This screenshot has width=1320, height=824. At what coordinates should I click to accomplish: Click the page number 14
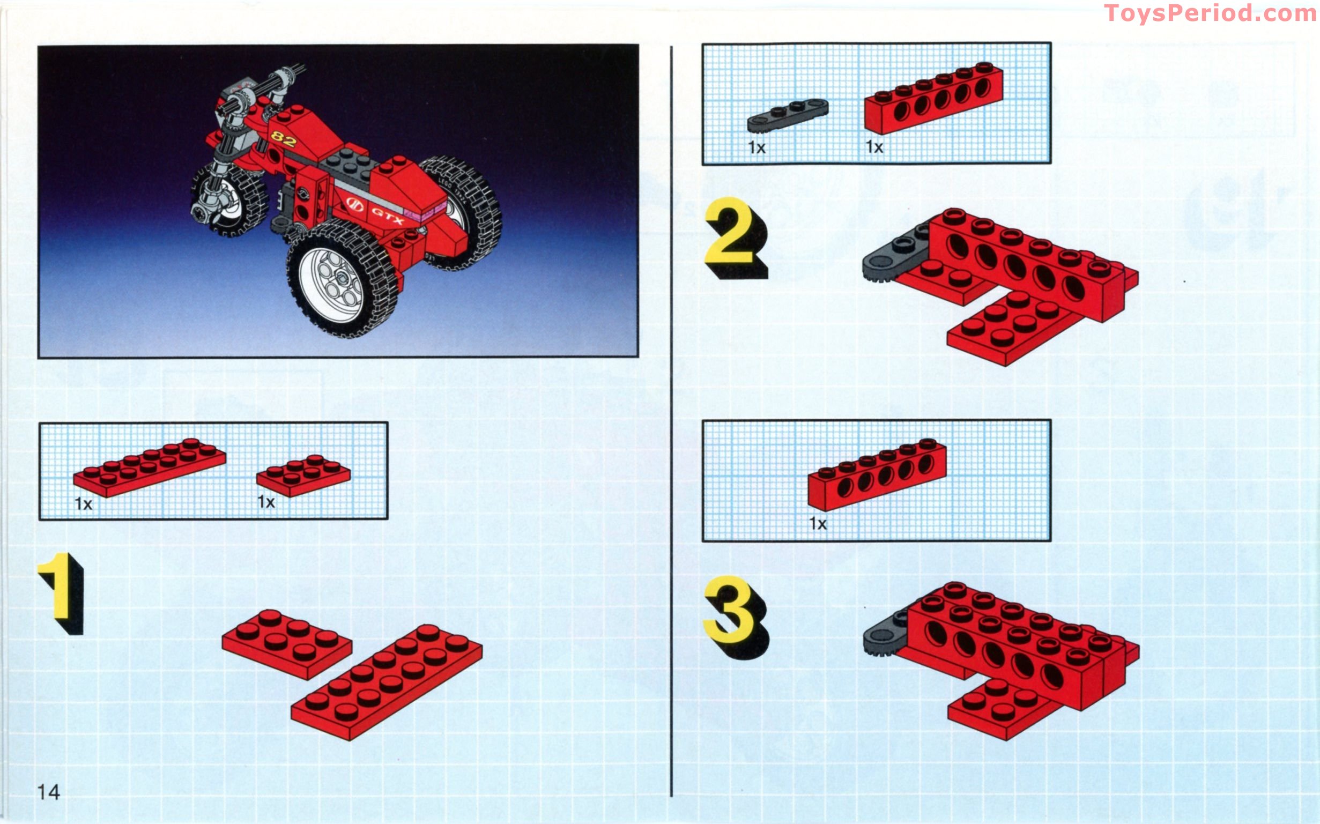pyautogui.click(x=48, y=792)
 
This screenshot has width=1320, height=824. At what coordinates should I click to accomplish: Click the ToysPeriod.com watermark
pyautogui.click(x=1210, y=13)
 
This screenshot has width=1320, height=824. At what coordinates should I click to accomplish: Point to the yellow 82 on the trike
pyautogui.click(x=284, y=139)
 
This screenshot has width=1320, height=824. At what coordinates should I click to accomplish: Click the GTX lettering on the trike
pyautogui.click(x=388, y=215)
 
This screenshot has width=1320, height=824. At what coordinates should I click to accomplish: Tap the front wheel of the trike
pyautogui.click(x=229, y=199)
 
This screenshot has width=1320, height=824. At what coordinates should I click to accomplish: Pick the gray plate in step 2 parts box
pyautogui.click(x=788, y=116)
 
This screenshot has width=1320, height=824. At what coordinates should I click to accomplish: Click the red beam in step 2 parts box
pyautogui.click(x=933, y=98)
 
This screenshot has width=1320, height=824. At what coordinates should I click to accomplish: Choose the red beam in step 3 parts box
pyautogui.click(x=877, y=474)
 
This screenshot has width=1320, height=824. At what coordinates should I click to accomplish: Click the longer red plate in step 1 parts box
pyautogui.click(x=150, y=467)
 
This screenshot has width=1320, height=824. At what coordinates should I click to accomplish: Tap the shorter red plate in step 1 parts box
pyautogui.click(x=303, y=475)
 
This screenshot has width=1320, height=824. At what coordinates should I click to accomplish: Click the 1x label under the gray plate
pyautogui.click(x=757, y=147)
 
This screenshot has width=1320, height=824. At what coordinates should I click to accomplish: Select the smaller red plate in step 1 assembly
pyautogui.click(x=287, y=644)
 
